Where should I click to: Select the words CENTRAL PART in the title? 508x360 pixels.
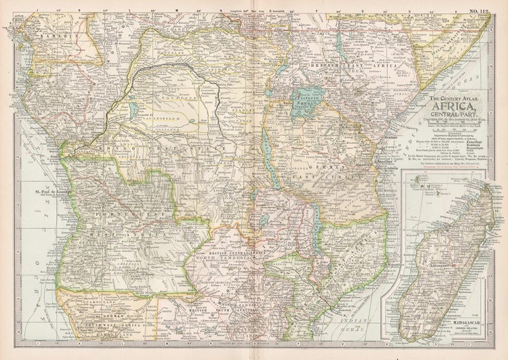tap(451, 114)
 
